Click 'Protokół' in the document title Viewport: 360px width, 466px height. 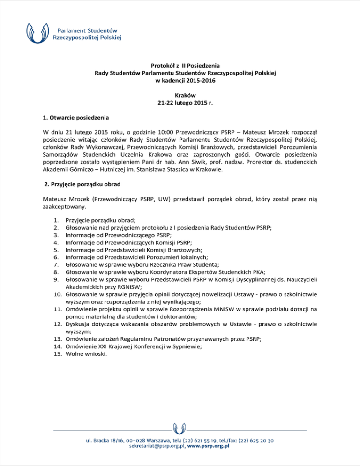[x=165, y=66]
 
